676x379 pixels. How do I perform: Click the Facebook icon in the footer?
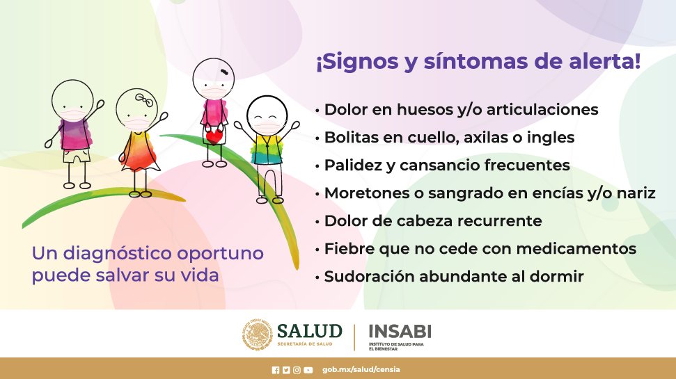pos(276,370)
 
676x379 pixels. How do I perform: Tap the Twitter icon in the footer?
pos(286,370)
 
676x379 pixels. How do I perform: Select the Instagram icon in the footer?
pos(297,370)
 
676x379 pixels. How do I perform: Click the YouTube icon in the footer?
pos(308,370)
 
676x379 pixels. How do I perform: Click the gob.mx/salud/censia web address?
pos(361,369)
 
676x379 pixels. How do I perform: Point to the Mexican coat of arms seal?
pos(258,334)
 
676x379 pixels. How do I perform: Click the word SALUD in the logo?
pos(310,331)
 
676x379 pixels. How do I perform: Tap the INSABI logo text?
pos(400,332)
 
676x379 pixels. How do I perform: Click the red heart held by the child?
pos(214,137)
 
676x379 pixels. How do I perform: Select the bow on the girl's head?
pos(144,100)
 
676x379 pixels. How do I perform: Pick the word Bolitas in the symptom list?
pos(348,138)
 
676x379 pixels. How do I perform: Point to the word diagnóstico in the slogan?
pos(118,254)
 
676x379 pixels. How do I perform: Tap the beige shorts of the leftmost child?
pos(77,156)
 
